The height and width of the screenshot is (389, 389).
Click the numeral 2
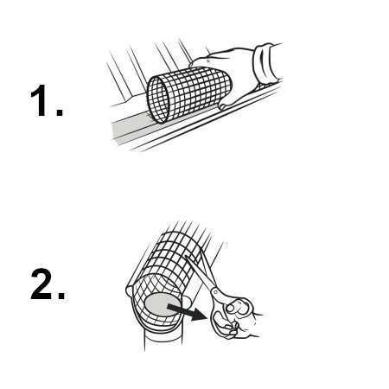pos(41,284)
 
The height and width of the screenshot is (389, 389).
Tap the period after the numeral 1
pos(60,112)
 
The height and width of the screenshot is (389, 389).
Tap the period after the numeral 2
pos(61,296)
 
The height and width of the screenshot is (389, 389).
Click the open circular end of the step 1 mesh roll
pos(158,99)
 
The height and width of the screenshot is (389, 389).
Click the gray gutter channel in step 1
pos(131,128)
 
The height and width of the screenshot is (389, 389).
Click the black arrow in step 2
pos(188,312)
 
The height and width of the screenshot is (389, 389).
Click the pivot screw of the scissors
pos(215,292)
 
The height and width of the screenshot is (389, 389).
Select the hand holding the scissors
pos(239,320)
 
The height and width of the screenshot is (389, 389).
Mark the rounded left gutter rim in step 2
pos(130,289)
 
